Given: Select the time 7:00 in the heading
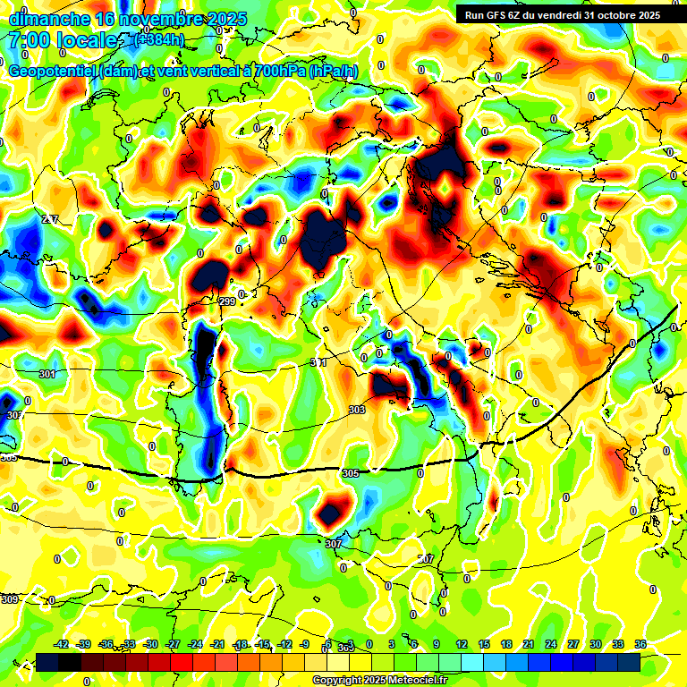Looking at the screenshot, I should coord(28,40).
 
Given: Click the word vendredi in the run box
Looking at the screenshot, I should coord(562,14).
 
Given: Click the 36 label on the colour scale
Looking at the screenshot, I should coord(640,645).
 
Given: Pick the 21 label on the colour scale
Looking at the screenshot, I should coord(528,645).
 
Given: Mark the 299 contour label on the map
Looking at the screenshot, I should coord(227,301).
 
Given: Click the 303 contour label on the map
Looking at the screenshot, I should coord(357,410).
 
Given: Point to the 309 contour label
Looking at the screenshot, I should coord(10,599).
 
